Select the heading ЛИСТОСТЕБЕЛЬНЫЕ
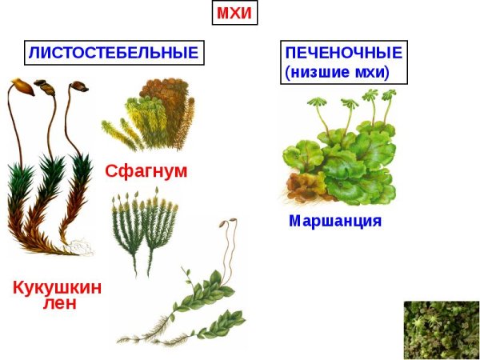(x=113, y=53)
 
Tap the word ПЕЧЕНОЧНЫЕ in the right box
(x=343, y=53)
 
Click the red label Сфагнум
(x=146, y=170)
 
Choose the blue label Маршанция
(x=335, y=220)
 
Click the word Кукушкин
(x=57, y=287)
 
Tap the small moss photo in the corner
(x=440, y=329)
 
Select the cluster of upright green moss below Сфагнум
(x=145, y=227)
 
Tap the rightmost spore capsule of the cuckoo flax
(x=77, y=85)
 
